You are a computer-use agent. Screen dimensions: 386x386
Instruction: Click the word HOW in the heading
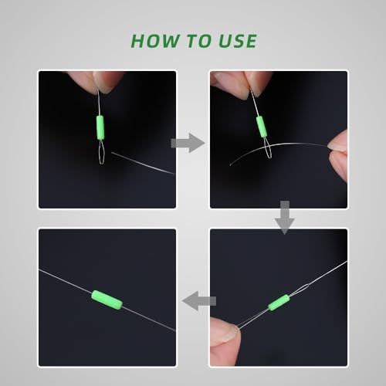(156, 41)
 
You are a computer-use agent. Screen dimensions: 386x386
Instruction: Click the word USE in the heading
(238, 41)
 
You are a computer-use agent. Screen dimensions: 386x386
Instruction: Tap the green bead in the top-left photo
(100, 127)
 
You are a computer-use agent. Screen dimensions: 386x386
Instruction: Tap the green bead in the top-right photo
(261, 127)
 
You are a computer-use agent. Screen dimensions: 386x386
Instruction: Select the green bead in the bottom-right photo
(279, 303)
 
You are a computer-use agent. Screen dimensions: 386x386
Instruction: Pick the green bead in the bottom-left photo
(107, 300)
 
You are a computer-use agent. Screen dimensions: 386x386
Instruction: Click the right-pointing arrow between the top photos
(188, 143)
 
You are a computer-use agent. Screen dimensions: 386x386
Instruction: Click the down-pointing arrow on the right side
(285, 218)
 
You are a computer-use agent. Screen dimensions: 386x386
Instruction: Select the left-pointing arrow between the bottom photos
(199, 301)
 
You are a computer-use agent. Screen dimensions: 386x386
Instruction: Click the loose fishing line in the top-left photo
(143, 163)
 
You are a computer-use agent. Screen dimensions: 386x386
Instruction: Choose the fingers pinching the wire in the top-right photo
(242, 83)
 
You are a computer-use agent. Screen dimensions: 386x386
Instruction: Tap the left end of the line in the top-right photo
(230, 164)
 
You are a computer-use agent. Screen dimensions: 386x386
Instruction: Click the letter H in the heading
(138, 41)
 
